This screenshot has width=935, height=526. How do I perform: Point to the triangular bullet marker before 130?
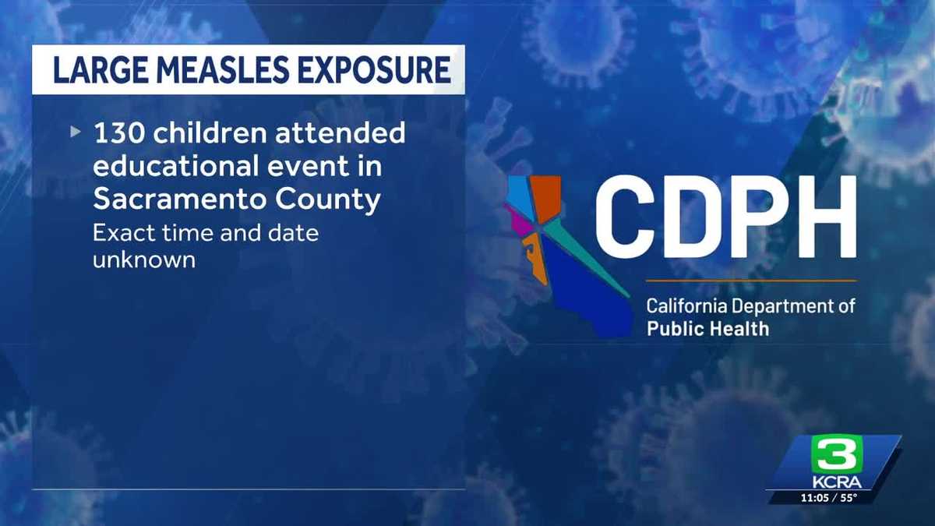pyautogui.click(x=75, y=132)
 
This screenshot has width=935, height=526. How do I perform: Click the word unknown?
pyautogui.click(x=143, y=259)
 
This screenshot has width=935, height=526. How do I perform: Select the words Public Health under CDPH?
pyautogui.click(x=707, y=328)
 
